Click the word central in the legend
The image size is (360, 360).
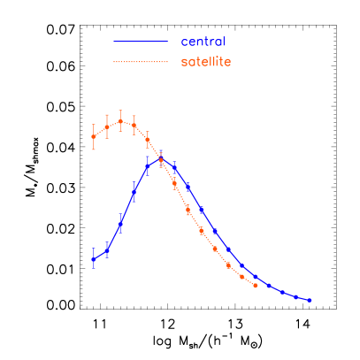pos(203,42)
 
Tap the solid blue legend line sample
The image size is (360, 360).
pos(140,42)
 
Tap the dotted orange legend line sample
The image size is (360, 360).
pos(140,62)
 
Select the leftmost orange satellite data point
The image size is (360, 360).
pos(93,136)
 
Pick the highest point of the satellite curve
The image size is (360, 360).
pos(120,121)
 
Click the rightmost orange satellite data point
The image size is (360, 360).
pos(256,285)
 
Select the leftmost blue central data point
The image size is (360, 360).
pos(93,258)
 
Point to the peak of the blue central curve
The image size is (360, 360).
pos(161,159)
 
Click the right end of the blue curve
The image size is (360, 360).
pos(311,301)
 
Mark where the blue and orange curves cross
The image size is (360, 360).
pos(159,160)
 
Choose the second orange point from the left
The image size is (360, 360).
pos(107,126)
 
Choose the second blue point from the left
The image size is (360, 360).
pos(106,251)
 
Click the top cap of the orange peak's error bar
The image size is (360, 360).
pos(120,111)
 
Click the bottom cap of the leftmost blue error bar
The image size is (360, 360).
pos(93,268)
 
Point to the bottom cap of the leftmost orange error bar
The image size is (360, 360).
pos(93,149)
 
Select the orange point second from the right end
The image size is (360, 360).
pos(242,276)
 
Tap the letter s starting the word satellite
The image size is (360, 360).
pos(184,63)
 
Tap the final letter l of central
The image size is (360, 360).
pos(224,42)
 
